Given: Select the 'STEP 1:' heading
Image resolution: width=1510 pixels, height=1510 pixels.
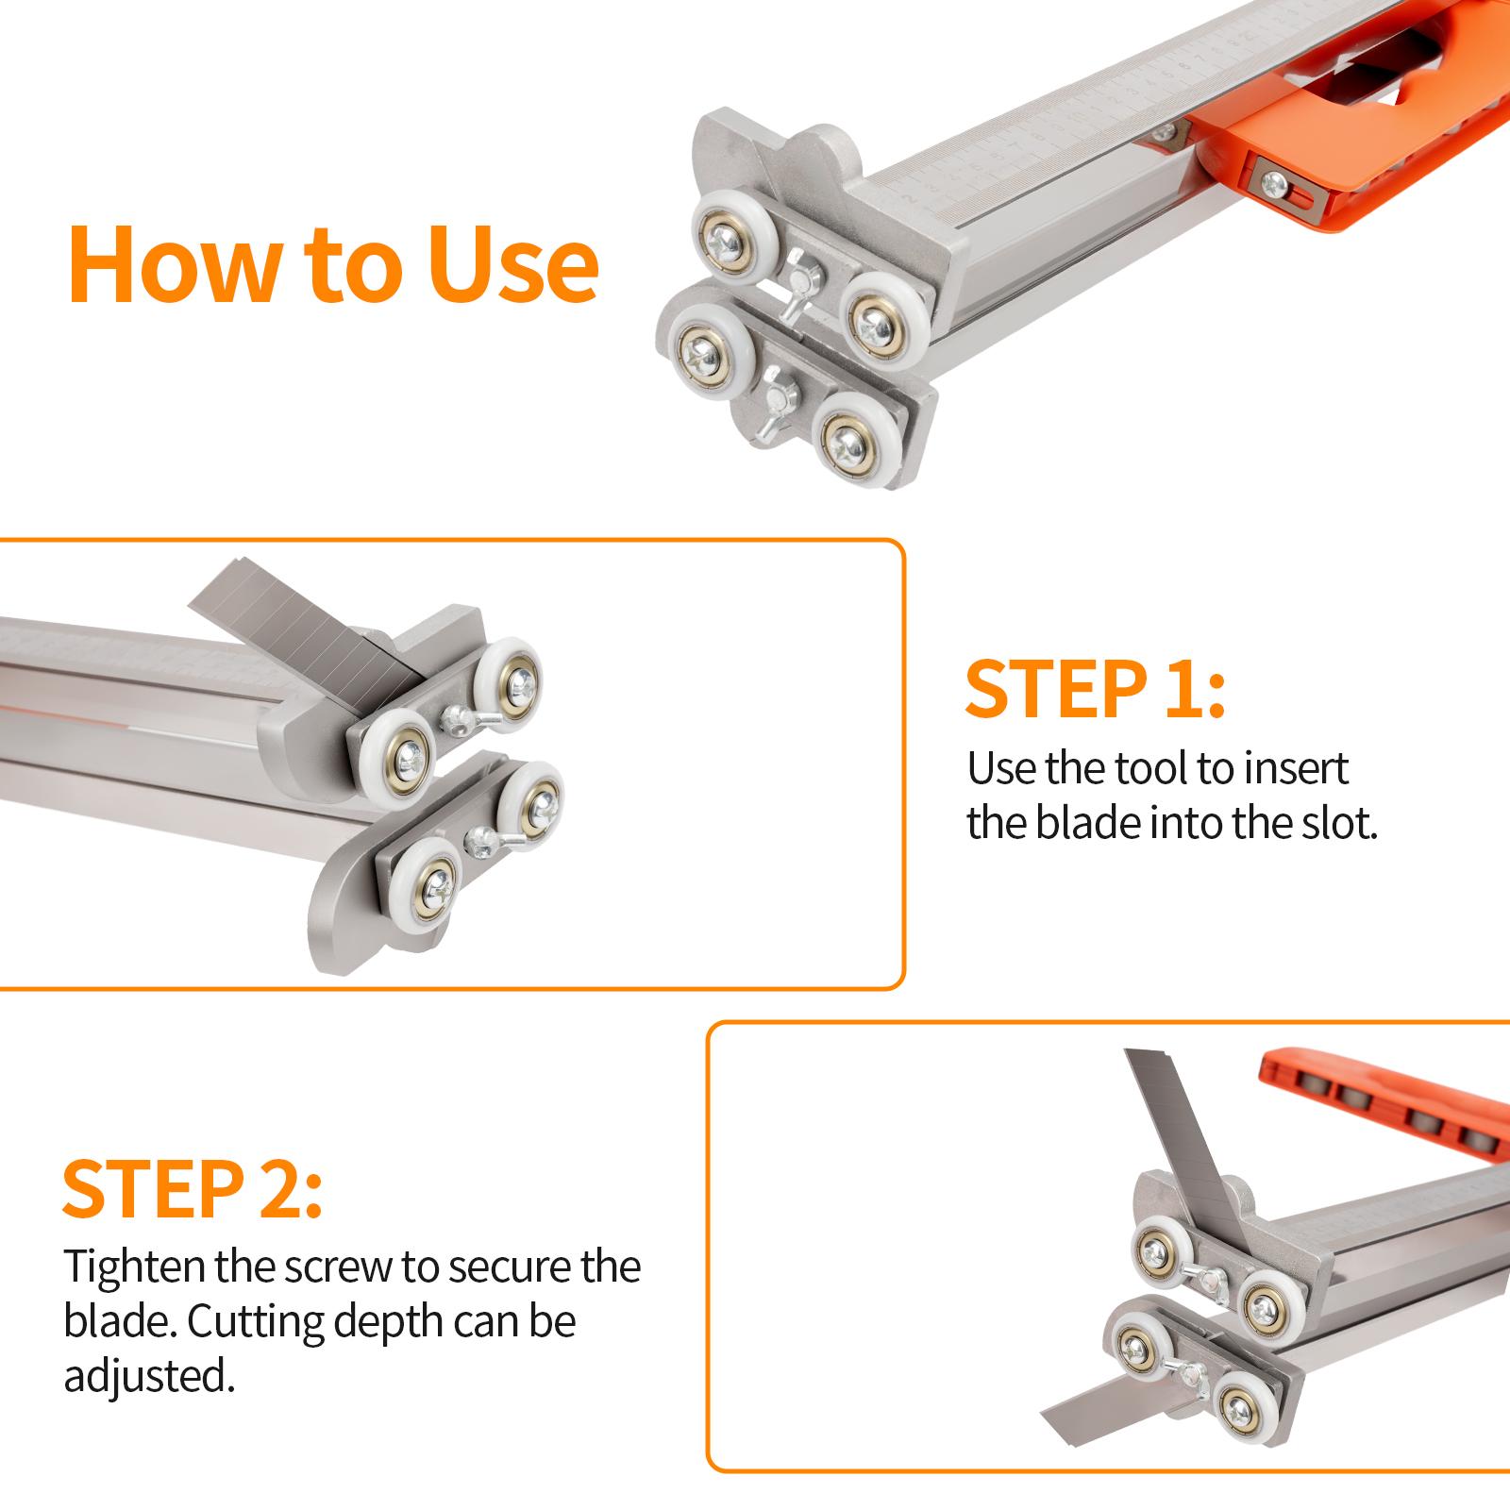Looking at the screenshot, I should coord(1094,690).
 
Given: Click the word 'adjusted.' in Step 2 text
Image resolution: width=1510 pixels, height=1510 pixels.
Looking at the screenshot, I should coord(148,1376).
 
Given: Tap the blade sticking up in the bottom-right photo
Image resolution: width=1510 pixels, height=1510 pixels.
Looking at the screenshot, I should coord(1180,1123).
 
